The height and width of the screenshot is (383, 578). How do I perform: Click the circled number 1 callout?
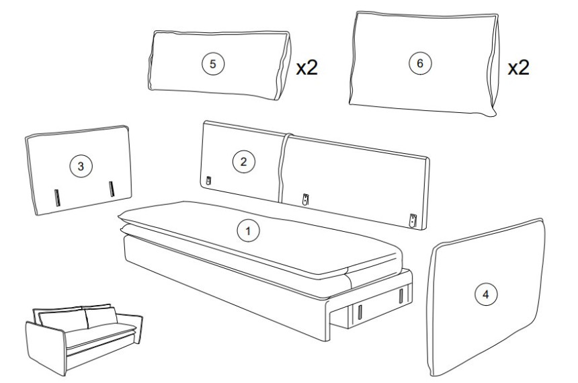click(248, 230)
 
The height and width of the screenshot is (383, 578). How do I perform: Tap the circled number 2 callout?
click(243, 161)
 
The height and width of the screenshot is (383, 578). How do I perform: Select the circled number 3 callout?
click(81, 166)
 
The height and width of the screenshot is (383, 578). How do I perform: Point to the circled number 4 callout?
click(486, 294)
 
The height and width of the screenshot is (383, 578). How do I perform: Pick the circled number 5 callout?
click(212, 64)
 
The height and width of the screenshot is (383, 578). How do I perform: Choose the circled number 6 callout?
click(420, 63)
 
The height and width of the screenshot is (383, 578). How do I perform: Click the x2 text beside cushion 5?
click(306, 67)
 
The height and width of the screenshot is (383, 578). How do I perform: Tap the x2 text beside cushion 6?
click(518, 67)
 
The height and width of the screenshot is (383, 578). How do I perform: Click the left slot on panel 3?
click(57, 198)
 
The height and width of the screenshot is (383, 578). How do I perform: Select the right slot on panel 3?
click(112, 189)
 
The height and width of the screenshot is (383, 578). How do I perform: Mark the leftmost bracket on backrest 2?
click(208, 181)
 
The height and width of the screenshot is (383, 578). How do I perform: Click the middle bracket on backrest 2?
click(305, 200)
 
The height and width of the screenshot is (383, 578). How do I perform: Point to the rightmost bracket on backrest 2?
click(413, 220)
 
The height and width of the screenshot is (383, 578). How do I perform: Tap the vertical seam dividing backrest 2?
click(283, 168)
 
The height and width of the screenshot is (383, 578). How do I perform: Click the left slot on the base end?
click(360, 312)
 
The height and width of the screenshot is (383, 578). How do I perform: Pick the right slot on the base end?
click(401, 296)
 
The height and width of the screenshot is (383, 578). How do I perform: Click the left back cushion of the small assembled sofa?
click(63, 320)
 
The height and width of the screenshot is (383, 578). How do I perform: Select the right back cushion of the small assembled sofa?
click(101, 316)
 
